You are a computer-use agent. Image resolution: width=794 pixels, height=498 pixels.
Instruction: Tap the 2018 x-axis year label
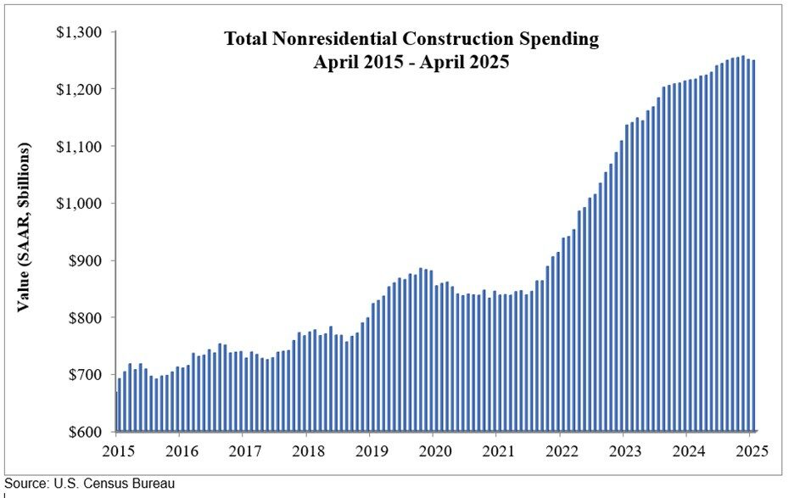tap(306, 450)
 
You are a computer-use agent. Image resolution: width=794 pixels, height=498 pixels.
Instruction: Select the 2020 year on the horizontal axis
tap(433, 450)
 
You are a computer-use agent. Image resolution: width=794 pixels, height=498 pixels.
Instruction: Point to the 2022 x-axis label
tap(561, 450)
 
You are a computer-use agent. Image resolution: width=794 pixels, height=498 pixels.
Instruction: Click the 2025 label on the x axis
tap(752, 450)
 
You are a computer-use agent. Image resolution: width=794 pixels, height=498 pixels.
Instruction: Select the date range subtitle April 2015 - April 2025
tap(411, 62)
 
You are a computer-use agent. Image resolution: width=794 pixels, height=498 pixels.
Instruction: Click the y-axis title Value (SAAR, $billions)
tap(25, 227)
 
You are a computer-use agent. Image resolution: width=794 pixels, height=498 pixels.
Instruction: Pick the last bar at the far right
tap(752, 246)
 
